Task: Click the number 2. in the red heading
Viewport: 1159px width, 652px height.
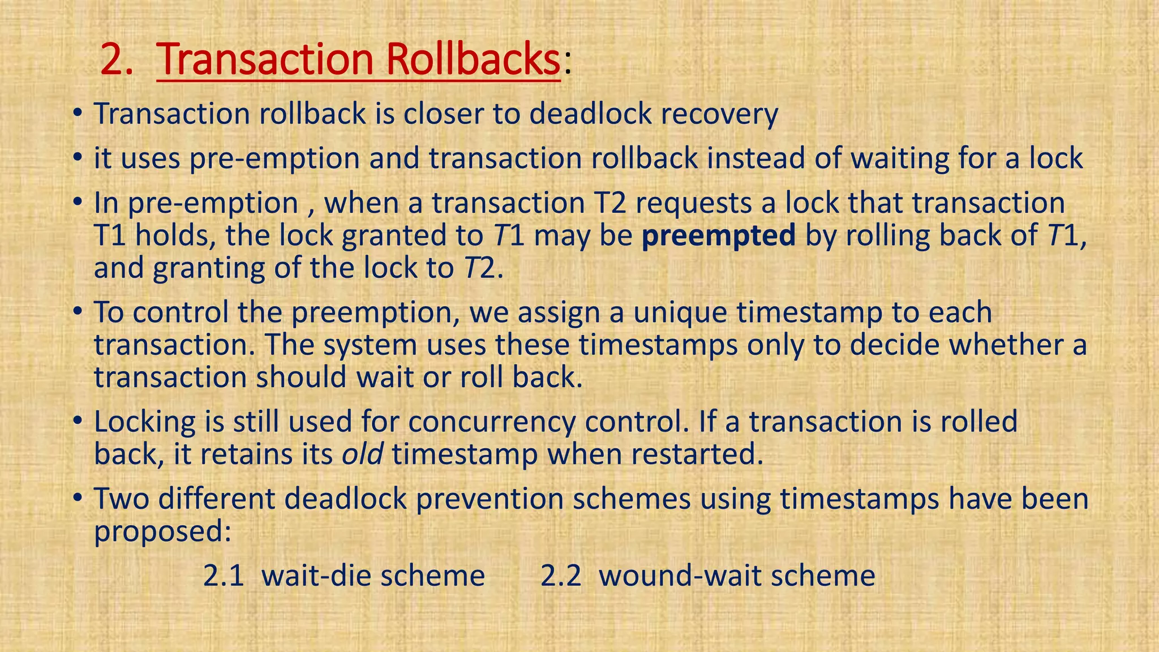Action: tap(117, 59)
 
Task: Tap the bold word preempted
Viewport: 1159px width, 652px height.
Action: tap(719, 235)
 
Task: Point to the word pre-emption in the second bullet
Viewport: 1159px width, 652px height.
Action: tap(274, 158)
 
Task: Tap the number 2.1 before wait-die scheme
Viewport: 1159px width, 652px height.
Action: tap(224, 576)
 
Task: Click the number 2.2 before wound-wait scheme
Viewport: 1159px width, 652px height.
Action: tap(561, 576)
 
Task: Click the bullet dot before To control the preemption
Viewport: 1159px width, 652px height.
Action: tap(78, 313)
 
